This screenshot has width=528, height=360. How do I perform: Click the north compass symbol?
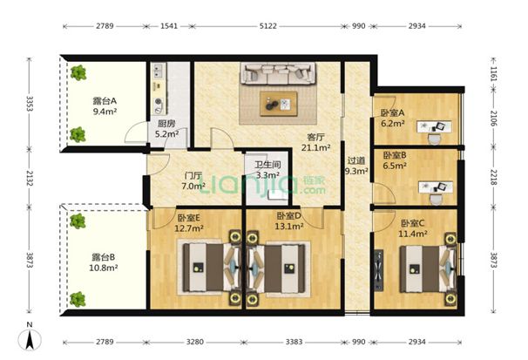(30, 337)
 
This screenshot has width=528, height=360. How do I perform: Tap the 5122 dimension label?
(268, 26)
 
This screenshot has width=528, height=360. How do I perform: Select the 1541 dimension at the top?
(169, 26)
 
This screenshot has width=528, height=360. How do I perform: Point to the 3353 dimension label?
(30, 104)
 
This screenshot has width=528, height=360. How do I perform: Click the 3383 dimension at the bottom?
(294, 342)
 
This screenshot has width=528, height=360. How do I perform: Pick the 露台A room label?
(105, 101)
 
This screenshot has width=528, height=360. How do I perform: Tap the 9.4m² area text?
(105, 112)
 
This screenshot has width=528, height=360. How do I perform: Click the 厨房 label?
(166, 124)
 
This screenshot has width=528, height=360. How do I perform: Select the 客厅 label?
(315, 137)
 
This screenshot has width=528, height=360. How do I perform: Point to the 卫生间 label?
(267, 165)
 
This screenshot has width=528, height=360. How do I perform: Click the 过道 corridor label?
(356, 160)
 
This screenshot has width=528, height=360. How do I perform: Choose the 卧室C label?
(413, 223)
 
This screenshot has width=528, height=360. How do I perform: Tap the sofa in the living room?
(278, 73)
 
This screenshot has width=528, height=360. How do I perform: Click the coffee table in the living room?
(279, 104)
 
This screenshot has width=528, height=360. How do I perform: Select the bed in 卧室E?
(208, 268)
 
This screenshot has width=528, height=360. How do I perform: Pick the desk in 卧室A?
(435, 126)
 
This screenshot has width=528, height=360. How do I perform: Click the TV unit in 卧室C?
(379, 270)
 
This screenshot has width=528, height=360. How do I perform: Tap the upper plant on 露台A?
(78, 72)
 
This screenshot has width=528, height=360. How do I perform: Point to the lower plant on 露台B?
(78, 299)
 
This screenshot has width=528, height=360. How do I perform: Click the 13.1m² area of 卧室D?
(289, 227)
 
